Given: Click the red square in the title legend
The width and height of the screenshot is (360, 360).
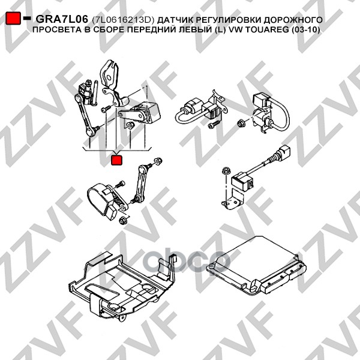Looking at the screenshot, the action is pyautogui.click(x=13, y=18).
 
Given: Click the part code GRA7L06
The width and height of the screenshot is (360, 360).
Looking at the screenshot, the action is pyautogui.click(x=62, y=20).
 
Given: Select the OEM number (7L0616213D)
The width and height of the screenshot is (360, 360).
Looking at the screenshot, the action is pyautogui.click(x=122, y=20).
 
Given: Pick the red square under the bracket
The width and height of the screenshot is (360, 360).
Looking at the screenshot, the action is pyautogui.click(x=116, y=160).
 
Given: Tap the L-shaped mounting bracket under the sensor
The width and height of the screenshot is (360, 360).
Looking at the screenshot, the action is pyautogui.click(x=233, y=200).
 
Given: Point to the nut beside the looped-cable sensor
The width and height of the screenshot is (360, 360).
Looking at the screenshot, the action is pyautogui.click(x=241, y=122).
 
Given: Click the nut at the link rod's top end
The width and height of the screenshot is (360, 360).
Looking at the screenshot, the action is pyautogui.click(x=158, y=161).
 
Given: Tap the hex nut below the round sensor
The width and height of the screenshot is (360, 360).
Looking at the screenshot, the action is pyautogui.click(x=123, y=220).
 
